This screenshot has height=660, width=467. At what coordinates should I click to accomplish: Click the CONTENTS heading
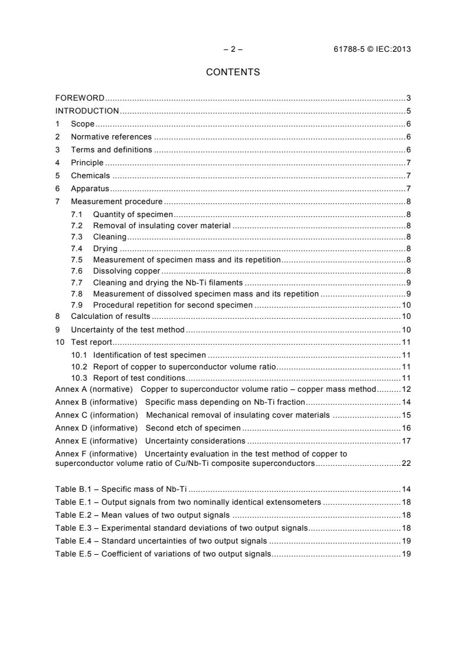pyautogui.click(x=233, y=72)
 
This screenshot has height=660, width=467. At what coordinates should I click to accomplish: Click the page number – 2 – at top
pyautogui.click(x=233, y=49)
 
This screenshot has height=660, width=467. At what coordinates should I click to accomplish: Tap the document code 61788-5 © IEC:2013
pyautogui.click(x=372, y=49)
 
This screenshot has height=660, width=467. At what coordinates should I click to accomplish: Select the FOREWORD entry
pyautogui.click(x=80, y=98)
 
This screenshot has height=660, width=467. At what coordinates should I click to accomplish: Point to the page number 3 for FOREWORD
pyautogui.click(x=408, y=98)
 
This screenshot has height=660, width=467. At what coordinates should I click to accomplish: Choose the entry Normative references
pyautogui.click(x=111, y=136)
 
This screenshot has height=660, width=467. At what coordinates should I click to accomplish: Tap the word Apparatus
pyautogui.click(x=91, y=188)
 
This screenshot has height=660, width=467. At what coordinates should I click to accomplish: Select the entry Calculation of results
pyautogui.click(x=110, y=316)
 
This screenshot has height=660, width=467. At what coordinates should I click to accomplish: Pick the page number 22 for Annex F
pyautogui.click(x=406, y=463)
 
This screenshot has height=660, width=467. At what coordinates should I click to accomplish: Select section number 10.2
pyautogui.click(x=79, y=366)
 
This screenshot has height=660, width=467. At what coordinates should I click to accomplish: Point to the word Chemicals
pyautogui.click(x=90, y=175)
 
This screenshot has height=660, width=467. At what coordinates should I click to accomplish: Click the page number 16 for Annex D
pyautogui.click(x=406, y=428)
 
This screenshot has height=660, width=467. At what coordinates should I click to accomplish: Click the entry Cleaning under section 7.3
pyautogui.click(x=110, y=236)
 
